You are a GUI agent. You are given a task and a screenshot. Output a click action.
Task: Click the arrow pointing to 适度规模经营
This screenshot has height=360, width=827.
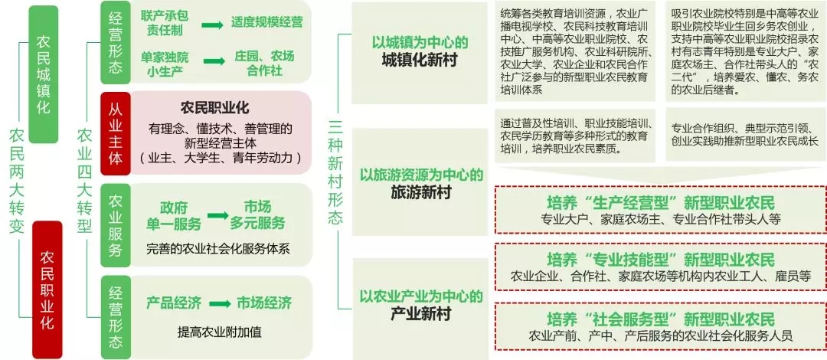pyautogui.click(x=212, y=26)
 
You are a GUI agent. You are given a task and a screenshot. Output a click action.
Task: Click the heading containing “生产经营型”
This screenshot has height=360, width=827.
pyautogui.click(x=660, y=203)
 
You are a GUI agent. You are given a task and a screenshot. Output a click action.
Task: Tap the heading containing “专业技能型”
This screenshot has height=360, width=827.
pyautogui.click(x=660, y=260)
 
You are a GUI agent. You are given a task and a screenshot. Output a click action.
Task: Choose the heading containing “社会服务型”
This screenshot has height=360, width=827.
pyautogui.click(x=660, y=318)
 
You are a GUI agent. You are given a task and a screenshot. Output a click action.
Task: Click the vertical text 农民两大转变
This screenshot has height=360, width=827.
pyautogui.click(x=17, y=180)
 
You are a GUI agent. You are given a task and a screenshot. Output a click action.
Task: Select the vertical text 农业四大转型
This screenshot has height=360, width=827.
pyautogui.click(x=84, y=180)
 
